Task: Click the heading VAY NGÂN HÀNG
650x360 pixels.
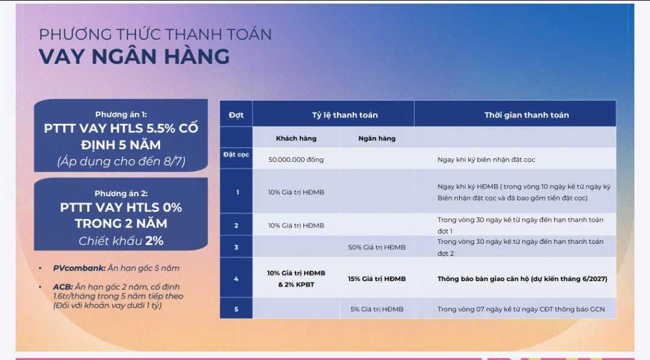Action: click(x=134, y=56)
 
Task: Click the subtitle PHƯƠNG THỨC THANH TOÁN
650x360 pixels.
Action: click(x=155, y=34)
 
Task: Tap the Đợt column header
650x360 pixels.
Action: click(x=236, y=115)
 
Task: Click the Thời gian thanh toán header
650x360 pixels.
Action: click(x=526, y=115)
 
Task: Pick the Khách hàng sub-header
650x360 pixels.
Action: click(x=296, y=138)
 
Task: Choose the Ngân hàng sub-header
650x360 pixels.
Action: click(x=377, y=138)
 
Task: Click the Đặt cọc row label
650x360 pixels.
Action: click(x=236, y=155)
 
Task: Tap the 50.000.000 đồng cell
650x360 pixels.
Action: click(x=296, y=160)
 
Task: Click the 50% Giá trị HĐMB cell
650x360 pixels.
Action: click(x=377, y=247)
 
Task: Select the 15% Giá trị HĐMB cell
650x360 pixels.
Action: click(x=377, y=279)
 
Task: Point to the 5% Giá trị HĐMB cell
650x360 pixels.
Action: click(x=377, y=309)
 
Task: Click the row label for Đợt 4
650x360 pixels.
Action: click(x=236, y=279)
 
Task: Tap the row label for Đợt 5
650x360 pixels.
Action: click(x=236, y=309)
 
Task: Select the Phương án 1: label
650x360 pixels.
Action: click(x=121, y=114)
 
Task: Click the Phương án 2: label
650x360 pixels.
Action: click(x=121, y=193)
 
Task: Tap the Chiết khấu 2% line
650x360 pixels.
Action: click(x=121, y=241)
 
